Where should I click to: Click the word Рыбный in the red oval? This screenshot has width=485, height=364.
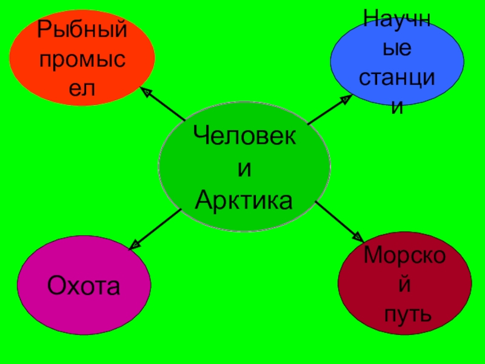click(x=82, y=29)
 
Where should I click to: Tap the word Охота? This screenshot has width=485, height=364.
click(x=84, y=285)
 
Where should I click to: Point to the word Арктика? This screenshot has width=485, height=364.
click(x=244, y=200)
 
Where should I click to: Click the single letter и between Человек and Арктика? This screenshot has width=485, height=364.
click(x=244, y=169)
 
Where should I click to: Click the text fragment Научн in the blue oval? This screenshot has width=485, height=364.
click(x=396, y=18)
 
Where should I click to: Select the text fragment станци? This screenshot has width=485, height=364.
click(x=398, y=78)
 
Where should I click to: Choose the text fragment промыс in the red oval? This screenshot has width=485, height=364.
click(x=83, y=59)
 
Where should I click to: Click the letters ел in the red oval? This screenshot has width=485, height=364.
click(x=83, y=89)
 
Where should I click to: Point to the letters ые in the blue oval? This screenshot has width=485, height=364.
click(x=397, y=48)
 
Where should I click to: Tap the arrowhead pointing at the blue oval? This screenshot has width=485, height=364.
click(x=344, y=99)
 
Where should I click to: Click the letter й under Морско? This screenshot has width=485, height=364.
click(x=405, y=284)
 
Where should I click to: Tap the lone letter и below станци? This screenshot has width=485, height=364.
click(x=397, y=107)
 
